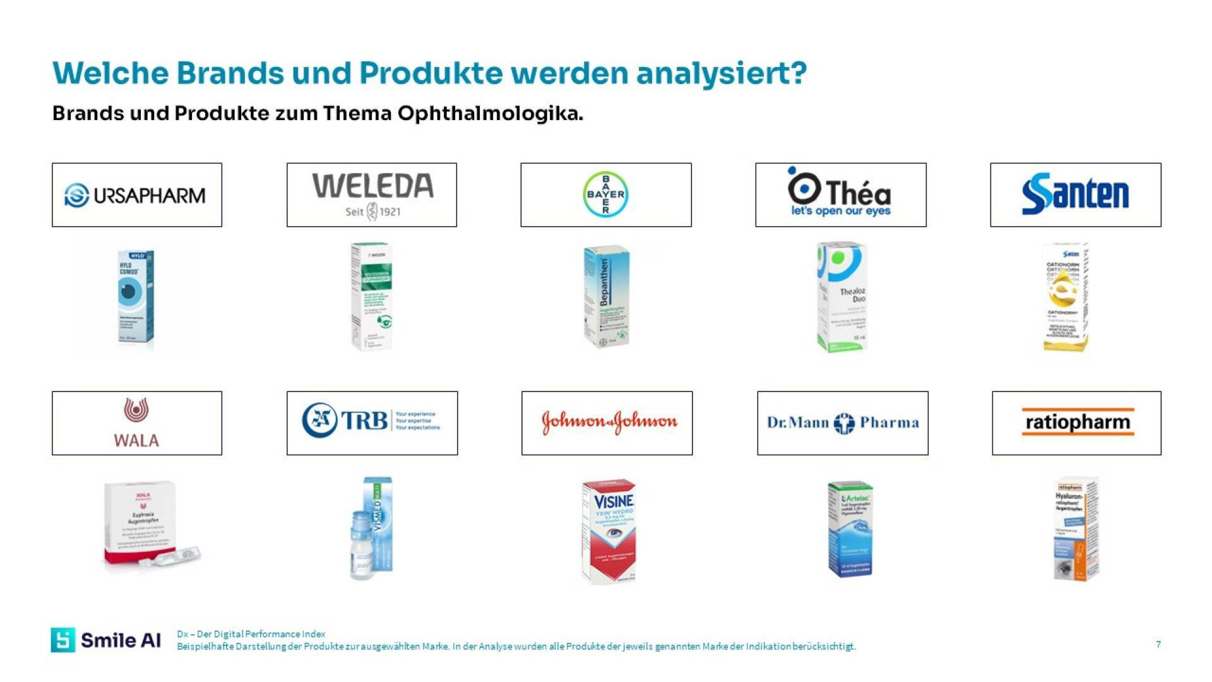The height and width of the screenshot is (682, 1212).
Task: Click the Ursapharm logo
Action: [x=136, y=195]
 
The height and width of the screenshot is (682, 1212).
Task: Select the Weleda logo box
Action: [x=372, y=195]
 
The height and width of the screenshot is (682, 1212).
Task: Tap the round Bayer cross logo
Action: [x=605, y=194]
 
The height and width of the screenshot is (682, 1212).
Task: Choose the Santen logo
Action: [x=1075, y=194]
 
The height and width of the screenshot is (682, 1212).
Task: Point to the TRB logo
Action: [x=372, y=421]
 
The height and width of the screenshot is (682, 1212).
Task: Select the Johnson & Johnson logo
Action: [x=609, y=422]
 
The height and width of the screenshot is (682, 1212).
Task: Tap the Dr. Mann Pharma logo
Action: [x=843, y=422]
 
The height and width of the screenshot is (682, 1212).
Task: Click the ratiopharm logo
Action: [x=1077, y=422]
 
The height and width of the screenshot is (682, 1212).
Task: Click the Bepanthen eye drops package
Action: [x=606, y=296]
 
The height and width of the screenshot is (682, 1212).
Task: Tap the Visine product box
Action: [x=609, y=530]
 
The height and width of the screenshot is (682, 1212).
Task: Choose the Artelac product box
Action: [x=850, y=529]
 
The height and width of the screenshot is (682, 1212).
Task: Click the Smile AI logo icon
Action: [x=63, y=640]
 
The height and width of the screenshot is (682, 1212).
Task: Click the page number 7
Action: [x=1158, y=644]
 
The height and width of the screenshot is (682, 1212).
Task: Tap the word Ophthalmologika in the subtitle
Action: [x=490, y=114]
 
